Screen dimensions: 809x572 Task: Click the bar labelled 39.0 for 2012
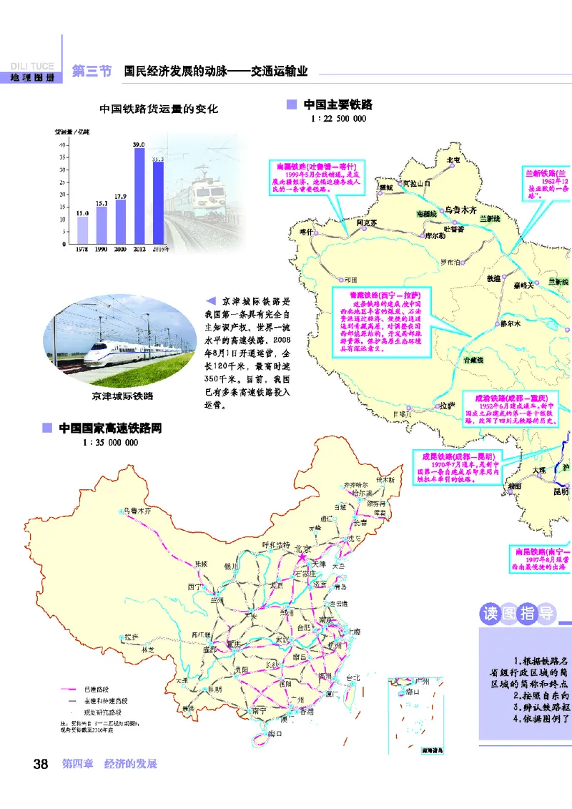pyautogui.click(x=139, y=195)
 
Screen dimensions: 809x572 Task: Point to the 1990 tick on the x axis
pyautogui.click(x=102, y=249)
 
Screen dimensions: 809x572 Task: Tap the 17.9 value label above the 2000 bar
pyautogui.click(x=120, y=196)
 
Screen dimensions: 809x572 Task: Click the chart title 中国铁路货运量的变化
pyautogui.click(x=158, y=109)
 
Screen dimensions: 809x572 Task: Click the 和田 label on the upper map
pyautogui.click(x=350, y=280)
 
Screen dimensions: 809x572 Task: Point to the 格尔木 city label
pyautogui.click(x=511, y=323)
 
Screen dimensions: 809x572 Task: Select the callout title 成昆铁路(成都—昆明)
pyautogui.click(x=455, y=455)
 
